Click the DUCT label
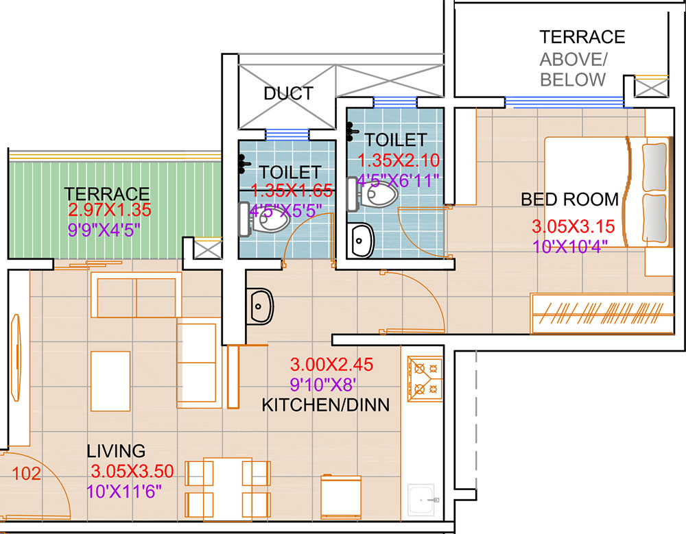coord(288,93)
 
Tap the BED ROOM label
coord(569,199)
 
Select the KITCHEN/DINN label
coord(325,405)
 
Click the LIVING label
coord(116,451)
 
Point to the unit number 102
coord(26,473)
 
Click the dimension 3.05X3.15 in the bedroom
coord(573,226)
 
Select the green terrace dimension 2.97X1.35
coord(110,210)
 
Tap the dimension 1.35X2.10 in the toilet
coord(399,160)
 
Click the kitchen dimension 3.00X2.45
coord(331,364)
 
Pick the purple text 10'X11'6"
coord(123,491)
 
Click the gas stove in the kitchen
coord(425,379)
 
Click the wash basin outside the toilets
coord(261,306)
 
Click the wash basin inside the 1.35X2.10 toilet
coord(362,241)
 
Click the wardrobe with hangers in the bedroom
coord(602,313)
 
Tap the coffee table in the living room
coord(110,381)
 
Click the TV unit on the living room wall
coord(16,357)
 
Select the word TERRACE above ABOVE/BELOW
coord(582,37)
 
